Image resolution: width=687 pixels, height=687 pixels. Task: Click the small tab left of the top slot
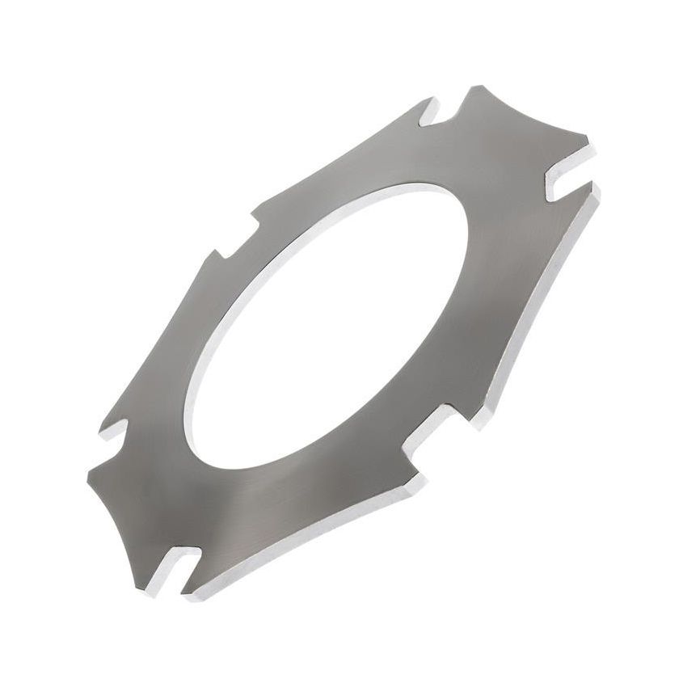(426, 103)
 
